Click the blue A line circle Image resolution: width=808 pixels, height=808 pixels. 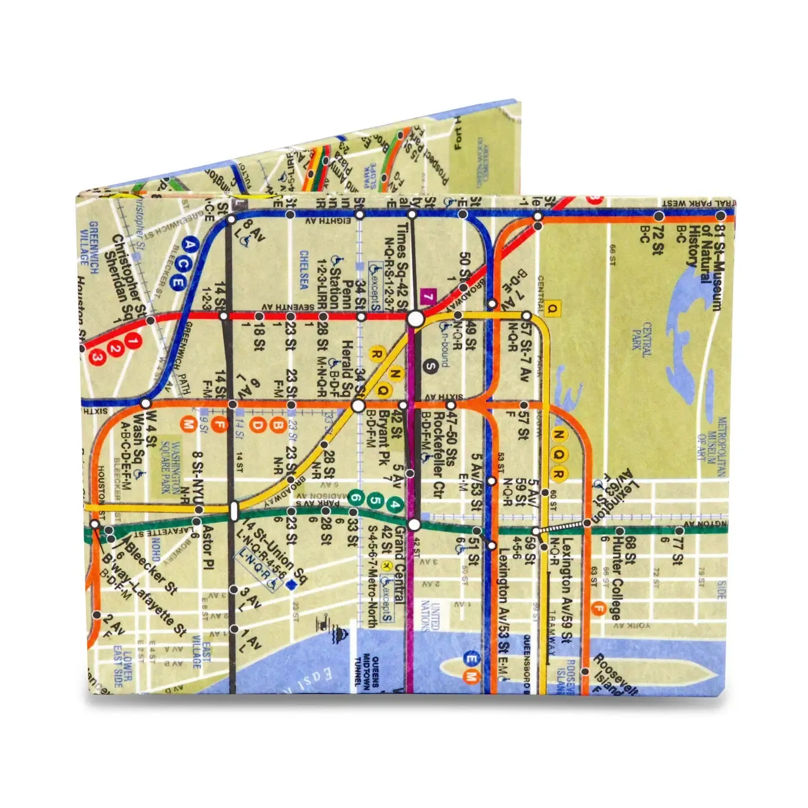coord(190,243)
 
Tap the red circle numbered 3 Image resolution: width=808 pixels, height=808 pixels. coord(98,357)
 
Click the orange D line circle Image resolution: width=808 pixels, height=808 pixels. coord(257,425)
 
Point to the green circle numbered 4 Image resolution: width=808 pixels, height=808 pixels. coord(396,505)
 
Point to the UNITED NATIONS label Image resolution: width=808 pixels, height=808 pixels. coord(431,615)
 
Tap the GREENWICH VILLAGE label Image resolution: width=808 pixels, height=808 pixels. coord(88,243)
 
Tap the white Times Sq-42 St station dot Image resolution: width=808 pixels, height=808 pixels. coord(415,319)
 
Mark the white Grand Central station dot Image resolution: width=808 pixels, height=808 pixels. coord(415,524)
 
